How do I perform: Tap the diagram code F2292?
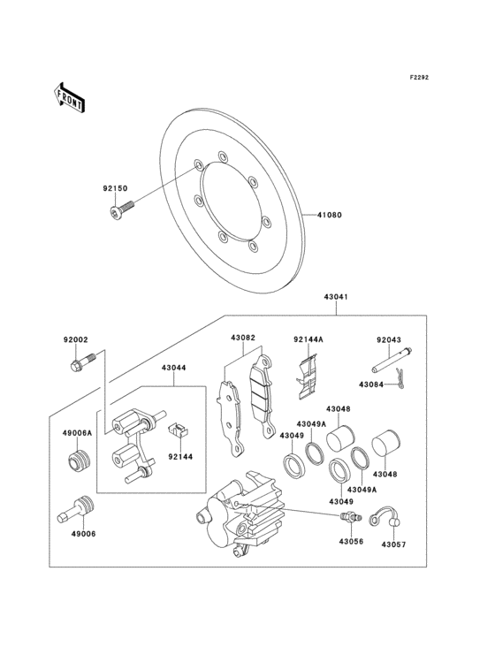click(x=418, y=79)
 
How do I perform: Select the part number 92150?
click(x=115, y=189)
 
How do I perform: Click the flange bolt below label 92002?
click(x=77, y=362)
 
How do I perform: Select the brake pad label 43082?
click(x=243, y=339)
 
